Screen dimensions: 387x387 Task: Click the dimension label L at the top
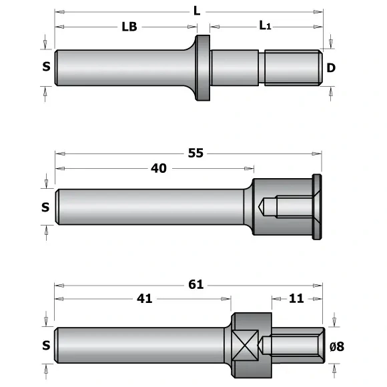pos(196,11)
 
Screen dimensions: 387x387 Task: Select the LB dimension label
pos(129,27)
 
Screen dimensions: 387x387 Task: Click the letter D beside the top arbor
pos(331,67)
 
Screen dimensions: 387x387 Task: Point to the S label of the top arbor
pos(46,67)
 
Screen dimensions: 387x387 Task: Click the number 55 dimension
pos(196,153)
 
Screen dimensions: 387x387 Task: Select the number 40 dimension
pos(159,168)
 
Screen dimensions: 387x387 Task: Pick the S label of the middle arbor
pos(45,207)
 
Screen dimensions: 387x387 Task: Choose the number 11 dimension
pos(297,298)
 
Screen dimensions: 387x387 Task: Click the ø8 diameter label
pos(337,345)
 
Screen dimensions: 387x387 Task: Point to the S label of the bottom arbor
pos(45,345)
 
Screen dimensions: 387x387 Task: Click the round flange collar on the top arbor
pos(202,67)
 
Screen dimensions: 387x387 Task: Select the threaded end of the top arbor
pos(291,67)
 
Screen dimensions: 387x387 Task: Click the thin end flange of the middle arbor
pos(317,207)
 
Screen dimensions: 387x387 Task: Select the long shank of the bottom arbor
pos(140,345)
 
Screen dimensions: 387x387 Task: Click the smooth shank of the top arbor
pos(120,67)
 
